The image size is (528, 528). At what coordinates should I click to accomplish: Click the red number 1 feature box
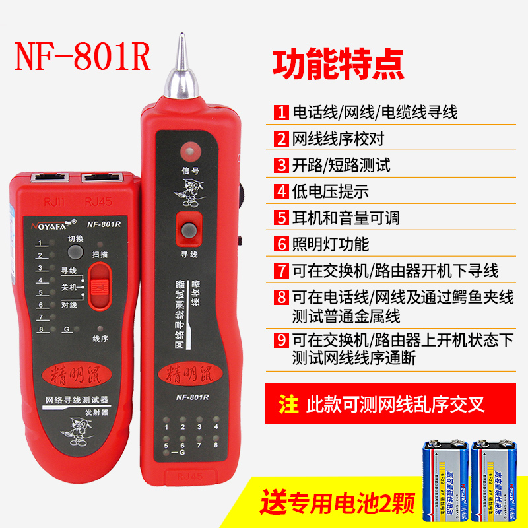tap(282, 112)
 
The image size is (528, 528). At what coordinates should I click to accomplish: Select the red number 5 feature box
tap(282, 217)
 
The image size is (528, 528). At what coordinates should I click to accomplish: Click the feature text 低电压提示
tap(330, 191)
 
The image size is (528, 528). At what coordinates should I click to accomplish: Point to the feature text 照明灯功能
tap(330, 244)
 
